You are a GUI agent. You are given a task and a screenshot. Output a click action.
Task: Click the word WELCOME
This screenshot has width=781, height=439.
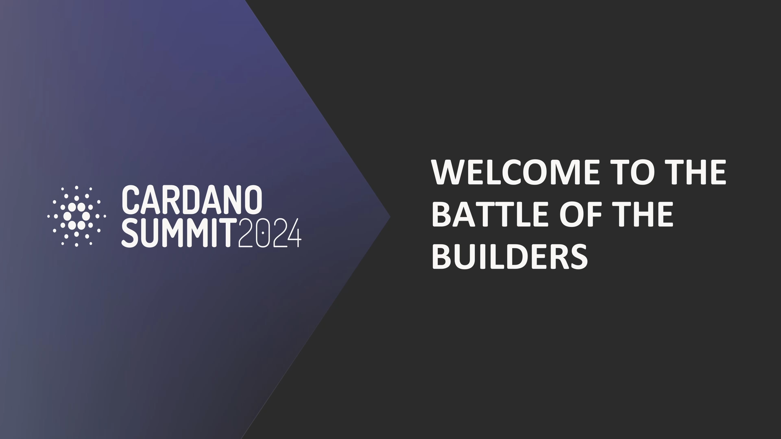515,172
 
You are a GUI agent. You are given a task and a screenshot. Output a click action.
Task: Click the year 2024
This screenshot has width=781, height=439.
269,233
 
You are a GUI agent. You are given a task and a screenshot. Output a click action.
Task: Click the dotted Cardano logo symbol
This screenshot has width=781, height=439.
77,216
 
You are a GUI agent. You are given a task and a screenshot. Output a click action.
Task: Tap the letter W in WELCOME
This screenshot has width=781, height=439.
449,172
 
